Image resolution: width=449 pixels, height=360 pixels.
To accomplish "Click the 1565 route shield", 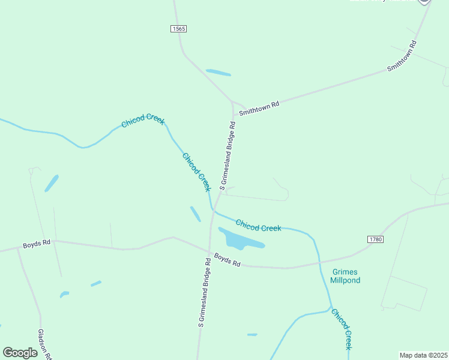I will pyautogui.click(x=178, y=29).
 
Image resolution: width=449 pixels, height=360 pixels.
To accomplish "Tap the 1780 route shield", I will pyautogui.click(x=373, y=239).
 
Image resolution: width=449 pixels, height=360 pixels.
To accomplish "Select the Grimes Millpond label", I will pyautogui.click(x=345, y=276).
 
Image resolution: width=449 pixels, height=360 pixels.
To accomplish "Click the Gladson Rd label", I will pyautogui.click(x=43, y=343).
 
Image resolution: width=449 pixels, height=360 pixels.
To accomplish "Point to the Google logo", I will pyautogui.click(x=20, y=353).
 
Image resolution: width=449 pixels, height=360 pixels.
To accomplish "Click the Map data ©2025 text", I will pyautogui.click(x=423, y=355).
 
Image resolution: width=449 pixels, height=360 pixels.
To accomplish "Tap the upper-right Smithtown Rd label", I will pyautogui.click(x=402, y=56).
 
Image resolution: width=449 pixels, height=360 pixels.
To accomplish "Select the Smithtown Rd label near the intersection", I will pyautogui.click(x=259, y=109).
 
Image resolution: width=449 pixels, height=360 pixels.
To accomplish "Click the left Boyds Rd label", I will pyautogui.click(x=38, y=245).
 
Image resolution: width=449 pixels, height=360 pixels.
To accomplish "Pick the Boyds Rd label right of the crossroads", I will pyautogui.click(x=228, y=262).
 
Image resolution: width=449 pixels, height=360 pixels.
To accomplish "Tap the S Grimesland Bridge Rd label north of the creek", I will pyautogui.click(x=228, y=155).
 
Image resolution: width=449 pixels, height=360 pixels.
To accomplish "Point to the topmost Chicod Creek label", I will pyautogui.click(x=143, y=121).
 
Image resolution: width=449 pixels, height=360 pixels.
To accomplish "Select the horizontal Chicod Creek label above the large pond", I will pyautogui.click(x=258, y=226).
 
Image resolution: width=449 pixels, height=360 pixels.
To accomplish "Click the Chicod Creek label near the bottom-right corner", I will pyautogui.click(x=341, y=329).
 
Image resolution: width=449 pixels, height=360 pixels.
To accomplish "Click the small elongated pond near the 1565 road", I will pyautogui.click(x=218, y=73).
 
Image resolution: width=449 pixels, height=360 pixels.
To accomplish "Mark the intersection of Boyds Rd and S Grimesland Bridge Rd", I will pyautogui.click(x=209, y=252).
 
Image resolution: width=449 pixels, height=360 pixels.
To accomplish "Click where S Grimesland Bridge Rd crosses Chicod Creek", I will pyautogui.click(x=214, y=211).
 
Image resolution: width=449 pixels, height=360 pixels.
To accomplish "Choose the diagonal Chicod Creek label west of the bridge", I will pyautogui.click(x=197, y=172).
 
